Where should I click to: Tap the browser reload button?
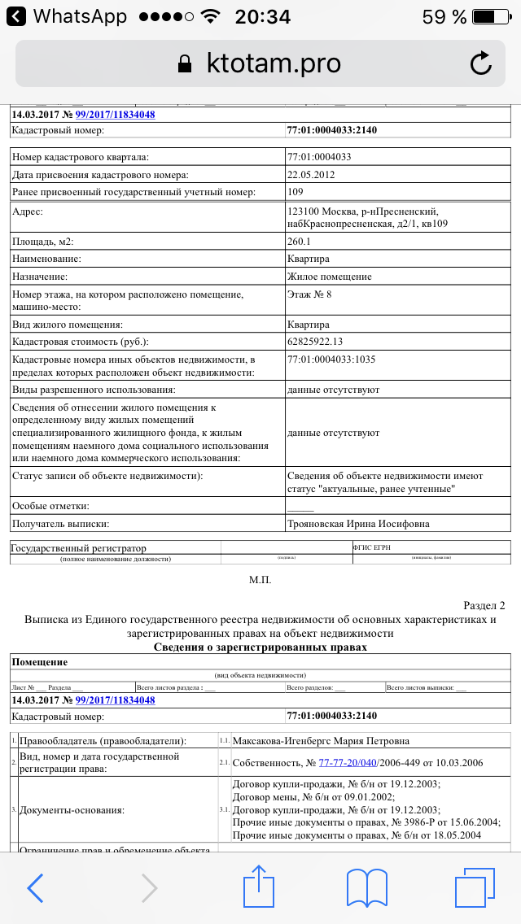point(481,63)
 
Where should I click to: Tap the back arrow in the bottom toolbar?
point(35,888)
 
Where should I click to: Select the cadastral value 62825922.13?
point(326,342)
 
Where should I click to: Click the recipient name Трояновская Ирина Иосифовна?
point(359,524)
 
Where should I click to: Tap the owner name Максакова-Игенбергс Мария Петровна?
point(321,741)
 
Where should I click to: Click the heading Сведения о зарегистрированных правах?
point(260,647)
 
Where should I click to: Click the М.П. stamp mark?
point(260,580)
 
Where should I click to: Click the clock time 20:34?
point(262,16)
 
